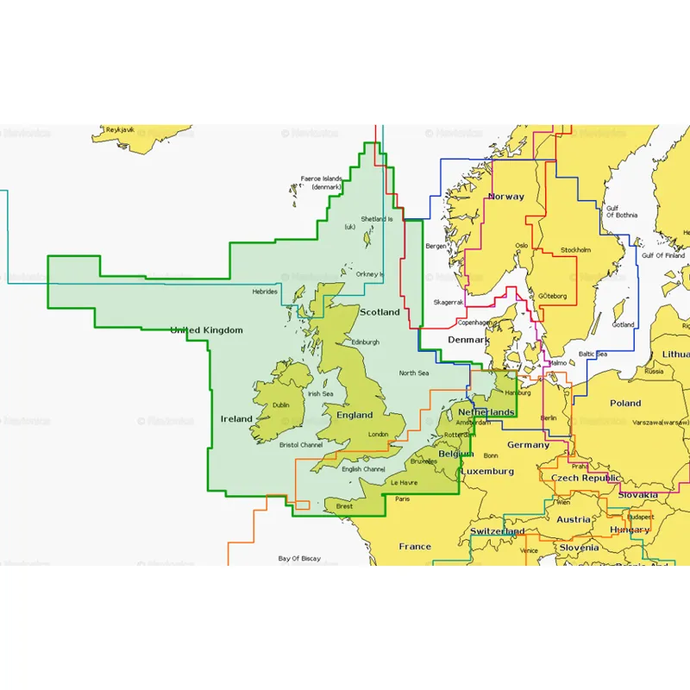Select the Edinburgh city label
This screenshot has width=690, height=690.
(x=366, y=342)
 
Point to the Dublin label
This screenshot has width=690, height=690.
(x=280, y=405)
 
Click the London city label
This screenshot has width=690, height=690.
(x=378, y=435)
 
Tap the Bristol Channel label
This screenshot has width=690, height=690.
(x=301, y=445)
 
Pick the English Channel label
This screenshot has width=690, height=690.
(x=363, y=469)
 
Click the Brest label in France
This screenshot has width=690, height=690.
(x=345, y=506)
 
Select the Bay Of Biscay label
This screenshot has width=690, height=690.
(x=299, y=559)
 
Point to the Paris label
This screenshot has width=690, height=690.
(x=402, y=499)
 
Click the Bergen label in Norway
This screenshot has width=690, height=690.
(x=436, y=246)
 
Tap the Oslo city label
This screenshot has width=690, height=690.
(x=521, y=245)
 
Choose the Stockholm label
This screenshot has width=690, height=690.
(x=576, y=250)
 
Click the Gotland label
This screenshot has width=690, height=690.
(x=623, y=325)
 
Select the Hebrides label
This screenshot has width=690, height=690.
(x=265, y=292)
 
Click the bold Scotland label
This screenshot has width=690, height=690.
(x=379, y=311)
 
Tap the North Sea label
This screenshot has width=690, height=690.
(x=413, y=373)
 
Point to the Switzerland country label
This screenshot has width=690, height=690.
(x=496, y=531)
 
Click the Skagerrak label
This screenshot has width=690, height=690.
(x=448, y=303)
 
